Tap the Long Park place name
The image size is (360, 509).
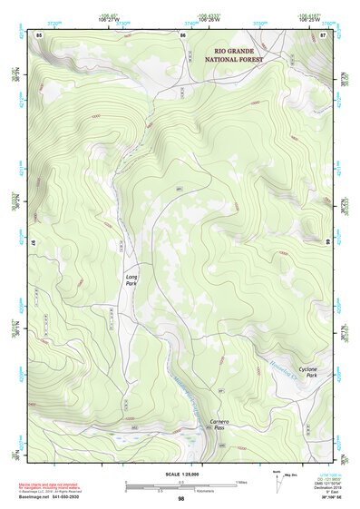coord(132,279)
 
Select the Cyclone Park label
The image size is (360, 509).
coord(307,372)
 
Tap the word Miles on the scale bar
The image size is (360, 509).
coord(240,481)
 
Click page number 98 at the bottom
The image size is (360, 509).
coord(181,499)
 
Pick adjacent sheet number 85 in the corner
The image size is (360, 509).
coord(39,34)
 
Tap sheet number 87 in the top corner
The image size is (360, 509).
coord(323,34)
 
